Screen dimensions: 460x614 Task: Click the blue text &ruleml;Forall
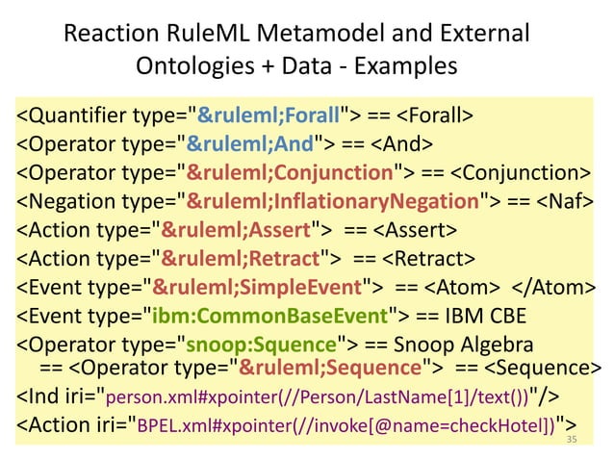coord(270,117)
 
